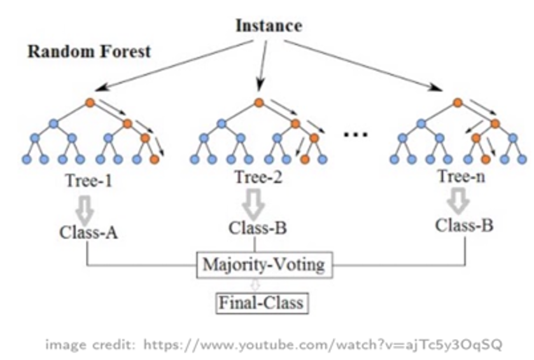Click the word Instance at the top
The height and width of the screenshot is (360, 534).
point(269,26)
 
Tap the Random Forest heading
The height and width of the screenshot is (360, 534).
point(89,52)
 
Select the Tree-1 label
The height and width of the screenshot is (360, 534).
point(89,181)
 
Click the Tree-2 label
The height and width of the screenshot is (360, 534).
point(258,177)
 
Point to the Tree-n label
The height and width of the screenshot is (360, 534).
point(461,176)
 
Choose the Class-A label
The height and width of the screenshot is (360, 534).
point(88,233)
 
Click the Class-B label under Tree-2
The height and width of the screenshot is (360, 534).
point(258,228)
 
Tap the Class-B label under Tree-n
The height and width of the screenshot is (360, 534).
point(464,225)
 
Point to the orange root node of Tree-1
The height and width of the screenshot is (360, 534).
point(90,102)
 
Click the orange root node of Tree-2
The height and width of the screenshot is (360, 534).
point(259,102)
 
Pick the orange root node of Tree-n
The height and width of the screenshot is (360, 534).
point(458,102)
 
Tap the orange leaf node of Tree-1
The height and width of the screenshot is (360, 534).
point(154,159)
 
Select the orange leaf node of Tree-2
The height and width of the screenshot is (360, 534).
point(305,159)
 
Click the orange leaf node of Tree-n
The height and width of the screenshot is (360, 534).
point(486,159)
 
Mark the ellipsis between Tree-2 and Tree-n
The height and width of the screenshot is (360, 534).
point(355,134)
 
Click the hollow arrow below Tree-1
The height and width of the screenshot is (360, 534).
point(85,209)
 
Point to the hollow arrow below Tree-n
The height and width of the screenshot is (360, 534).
point(458,202)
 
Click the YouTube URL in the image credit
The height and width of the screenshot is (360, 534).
point(323,344)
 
